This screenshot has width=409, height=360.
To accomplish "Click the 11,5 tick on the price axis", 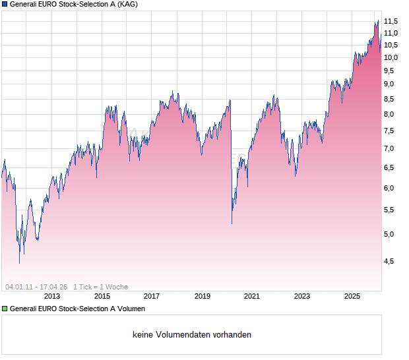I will [x=393, y=21].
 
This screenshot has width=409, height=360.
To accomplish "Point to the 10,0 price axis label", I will [x=393, y=57].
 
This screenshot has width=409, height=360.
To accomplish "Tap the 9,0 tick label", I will [x=391, y=84].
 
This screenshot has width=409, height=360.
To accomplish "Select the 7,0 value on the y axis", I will [x=391, y=148].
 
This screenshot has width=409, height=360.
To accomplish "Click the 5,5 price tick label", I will [x=391, y=210].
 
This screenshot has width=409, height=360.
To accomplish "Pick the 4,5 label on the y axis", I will [x=391, y=261].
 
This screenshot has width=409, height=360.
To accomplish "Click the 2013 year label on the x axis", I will [x=51, y=297].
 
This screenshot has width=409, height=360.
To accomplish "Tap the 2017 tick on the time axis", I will [x=152, y=297].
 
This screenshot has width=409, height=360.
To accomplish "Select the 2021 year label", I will [x=252, y=297].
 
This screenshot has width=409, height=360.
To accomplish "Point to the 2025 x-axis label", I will [x=352, y=297].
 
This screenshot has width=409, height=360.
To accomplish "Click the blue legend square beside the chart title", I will [x=5, y=4].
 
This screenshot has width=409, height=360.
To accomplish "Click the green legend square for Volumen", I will [x=5, y=309].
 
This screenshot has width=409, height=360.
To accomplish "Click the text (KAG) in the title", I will [x=128, y=4].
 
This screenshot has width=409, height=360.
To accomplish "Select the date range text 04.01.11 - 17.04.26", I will [x=36, y=287].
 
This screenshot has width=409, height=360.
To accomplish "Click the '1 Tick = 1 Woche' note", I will [x=100, y=287].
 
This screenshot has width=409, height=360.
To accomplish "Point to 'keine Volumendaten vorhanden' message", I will [x=192, y=335].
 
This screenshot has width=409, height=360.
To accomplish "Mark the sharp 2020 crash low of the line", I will [x=232, y=224].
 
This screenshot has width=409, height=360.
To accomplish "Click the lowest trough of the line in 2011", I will [x=19, y=263].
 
